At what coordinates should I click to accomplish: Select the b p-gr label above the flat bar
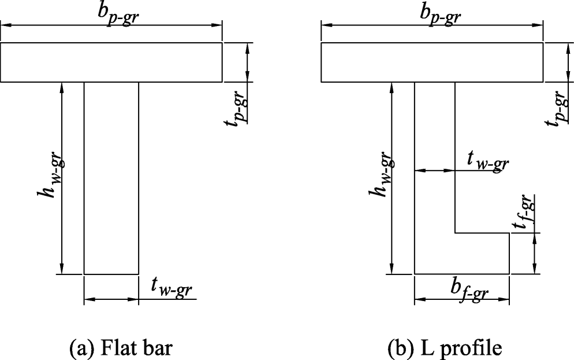coord(120,16)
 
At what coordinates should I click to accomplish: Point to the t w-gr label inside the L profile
coord(487,163)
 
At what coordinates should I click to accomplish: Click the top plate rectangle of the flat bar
coord(111,62)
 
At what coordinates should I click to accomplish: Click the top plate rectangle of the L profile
coord(432,62)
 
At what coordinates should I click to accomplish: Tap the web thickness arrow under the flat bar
coord(111,299)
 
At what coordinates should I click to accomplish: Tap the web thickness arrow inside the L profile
coord(435,171)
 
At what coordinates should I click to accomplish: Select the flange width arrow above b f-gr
coord(461,300)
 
